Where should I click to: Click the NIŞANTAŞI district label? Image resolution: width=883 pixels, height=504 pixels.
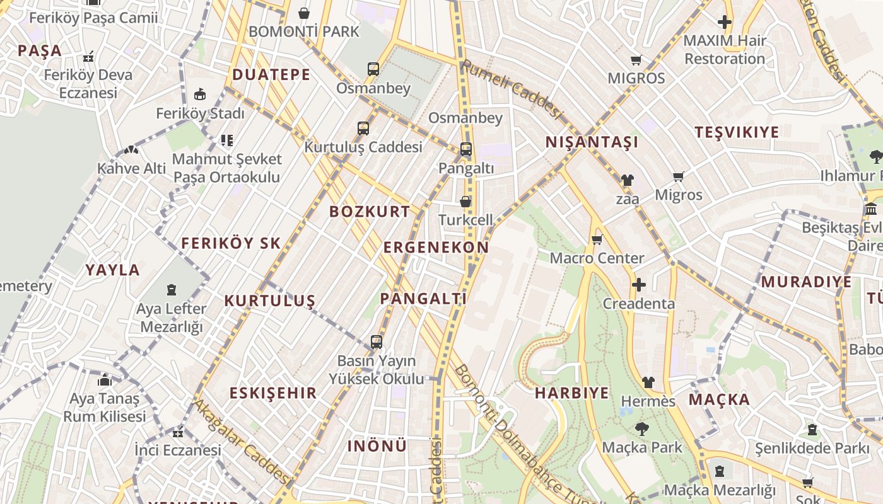point(592,142)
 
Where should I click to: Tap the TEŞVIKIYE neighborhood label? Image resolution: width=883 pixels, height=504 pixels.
point(737,132)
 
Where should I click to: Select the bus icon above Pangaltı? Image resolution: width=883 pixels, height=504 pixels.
point(466,149)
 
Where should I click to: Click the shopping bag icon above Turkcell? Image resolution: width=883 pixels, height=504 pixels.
point(465,202)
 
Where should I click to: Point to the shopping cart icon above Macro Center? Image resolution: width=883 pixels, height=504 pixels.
point(597,239)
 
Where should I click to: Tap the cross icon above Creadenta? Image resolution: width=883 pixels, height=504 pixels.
point(639,285)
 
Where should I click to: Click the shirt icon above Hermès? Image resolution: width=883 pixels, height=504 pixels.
point(648,382)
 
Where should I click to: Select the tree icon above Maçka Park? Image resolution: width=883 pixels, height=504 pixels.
point(641,429)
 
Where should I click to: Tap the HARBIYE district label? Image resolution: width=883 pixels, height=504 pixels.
point(572,394)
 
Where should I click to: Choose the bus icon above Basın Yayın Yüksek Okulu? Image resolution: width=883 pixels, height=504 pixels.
point(377,342)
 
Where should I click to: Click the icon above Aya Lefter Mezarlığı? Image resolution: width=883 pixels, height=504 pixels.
point(172,290)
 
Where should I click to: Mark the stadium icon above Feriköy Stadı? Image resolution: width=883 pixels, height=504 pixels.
point(200,95)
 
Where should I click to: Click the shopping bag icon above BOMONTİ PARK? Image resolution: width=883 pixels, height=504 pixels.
point(304,13)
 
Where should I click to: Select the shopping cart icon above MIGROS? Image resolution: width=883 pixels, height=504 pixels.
point(636,60)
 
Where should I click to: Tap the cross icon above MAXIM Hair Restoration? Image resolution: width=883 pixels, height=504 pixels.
point(725,22)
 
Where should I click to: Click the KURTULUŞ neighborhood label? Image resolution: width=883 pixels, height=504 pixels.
point(269,301)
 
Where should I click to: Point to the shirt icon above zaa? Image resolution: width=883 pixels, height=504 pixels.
point(627,180)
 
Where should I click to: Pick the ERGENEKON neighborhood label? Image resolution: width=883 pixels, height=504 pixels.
point(436,248)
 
